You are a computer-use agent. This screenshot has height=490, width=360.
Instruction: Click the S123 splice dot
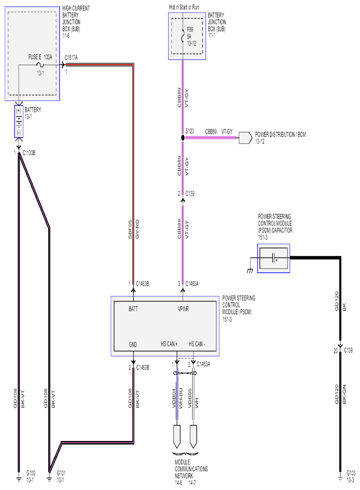183,138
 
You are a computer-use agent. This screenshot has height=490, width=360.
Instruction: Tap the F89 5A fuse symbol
183,35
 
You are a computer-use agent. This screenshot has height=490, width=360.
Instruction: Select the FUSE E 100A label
40,57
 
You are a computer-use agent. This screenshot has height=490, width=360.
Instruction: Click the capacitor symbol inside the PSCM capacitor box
274,259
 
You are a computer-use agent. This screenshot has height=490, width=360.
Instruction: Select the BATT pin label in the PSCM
133,309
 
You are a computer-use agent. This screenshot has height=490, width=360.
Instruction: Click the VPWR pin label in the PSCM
184,309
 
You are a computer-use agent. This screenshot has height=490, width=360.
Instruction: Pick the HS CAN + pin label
169,344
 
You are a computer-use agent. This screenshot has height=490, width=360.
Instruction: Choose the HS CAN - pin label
197,344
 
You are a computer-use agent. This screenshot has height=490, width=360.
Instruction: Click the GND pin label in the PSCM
133,344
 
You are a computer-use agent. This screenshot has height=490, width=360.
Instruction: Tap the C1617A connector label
71,57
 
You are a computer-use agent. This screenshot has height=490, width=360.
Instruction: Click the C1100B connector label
29,153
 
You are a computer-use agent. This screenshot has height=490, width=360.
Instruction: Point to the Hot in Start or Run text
184,7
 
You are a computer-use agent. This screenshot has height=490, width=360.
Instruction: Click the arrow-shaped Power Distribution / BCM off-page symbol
246,138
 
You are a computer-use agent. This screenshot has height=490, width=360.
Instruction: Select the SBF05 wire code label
130,230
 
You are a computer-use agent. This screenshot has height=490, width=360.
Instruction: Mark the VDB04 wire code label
174,398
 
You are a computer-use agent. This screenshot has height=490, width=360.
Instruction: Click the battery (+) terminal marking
19,110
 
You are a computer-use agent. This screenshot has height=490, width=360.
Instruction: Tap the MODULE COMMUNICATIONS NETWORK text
191,469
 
